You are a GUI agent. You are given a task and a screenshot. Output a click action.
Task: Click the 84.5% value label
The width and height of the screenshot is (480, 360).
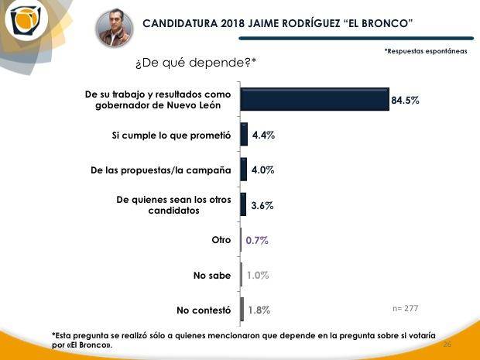[406, 101]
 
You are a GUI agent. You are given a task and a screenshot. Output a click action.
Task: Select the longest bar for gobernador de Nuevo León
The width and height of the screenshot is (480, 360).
[314, 100]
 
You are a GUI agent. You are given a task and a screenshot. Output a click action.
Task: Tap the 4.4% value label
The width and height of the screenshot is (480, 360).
[263, 135]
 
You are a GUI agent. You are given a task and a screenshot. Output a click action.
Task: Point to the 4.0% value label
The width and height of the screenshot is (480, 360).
[263, 170]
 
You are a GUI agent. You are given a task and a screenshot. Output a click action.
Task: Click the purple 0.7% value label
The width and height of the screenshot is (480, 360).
[257, 240]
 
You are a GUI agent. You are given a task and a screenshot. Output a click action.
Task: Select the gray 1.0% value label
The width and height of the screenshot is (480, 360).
[258, 275]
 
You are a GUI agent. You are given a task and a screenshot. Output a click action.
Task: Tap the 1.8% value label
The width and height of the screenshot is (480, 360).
[259, 310]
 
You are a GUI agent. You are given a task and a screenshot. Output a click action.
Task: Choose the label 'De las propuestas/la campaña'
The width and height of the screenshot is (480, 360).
[160, 170]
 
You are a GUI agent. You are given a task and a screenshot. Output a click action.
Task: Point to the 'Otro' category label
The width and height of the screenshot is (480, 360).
[221, 240]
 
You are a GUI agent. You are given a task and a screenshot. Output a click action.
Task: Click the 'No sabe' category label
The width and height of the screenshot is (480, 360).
[213, 275]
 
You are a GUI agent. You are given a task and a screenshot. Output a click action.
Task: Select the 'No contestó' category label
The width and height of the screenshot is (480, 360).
[204, 310]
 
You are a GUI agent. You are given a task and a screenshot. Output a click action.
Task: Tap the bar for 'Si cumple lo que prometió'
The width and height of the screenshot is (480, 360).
[244, 135]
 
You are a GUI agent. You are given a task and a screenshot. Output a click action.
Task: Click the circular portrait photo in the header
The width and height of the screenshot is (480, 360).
[114, 29]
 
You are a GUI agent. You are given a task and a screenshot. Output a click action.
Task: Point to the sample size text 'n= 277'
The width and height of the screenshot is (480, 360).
[406, 308]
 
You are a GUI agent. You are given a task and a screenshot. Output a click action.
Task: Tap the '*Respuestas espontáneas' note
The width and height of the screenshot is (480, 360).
[426, 51]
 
